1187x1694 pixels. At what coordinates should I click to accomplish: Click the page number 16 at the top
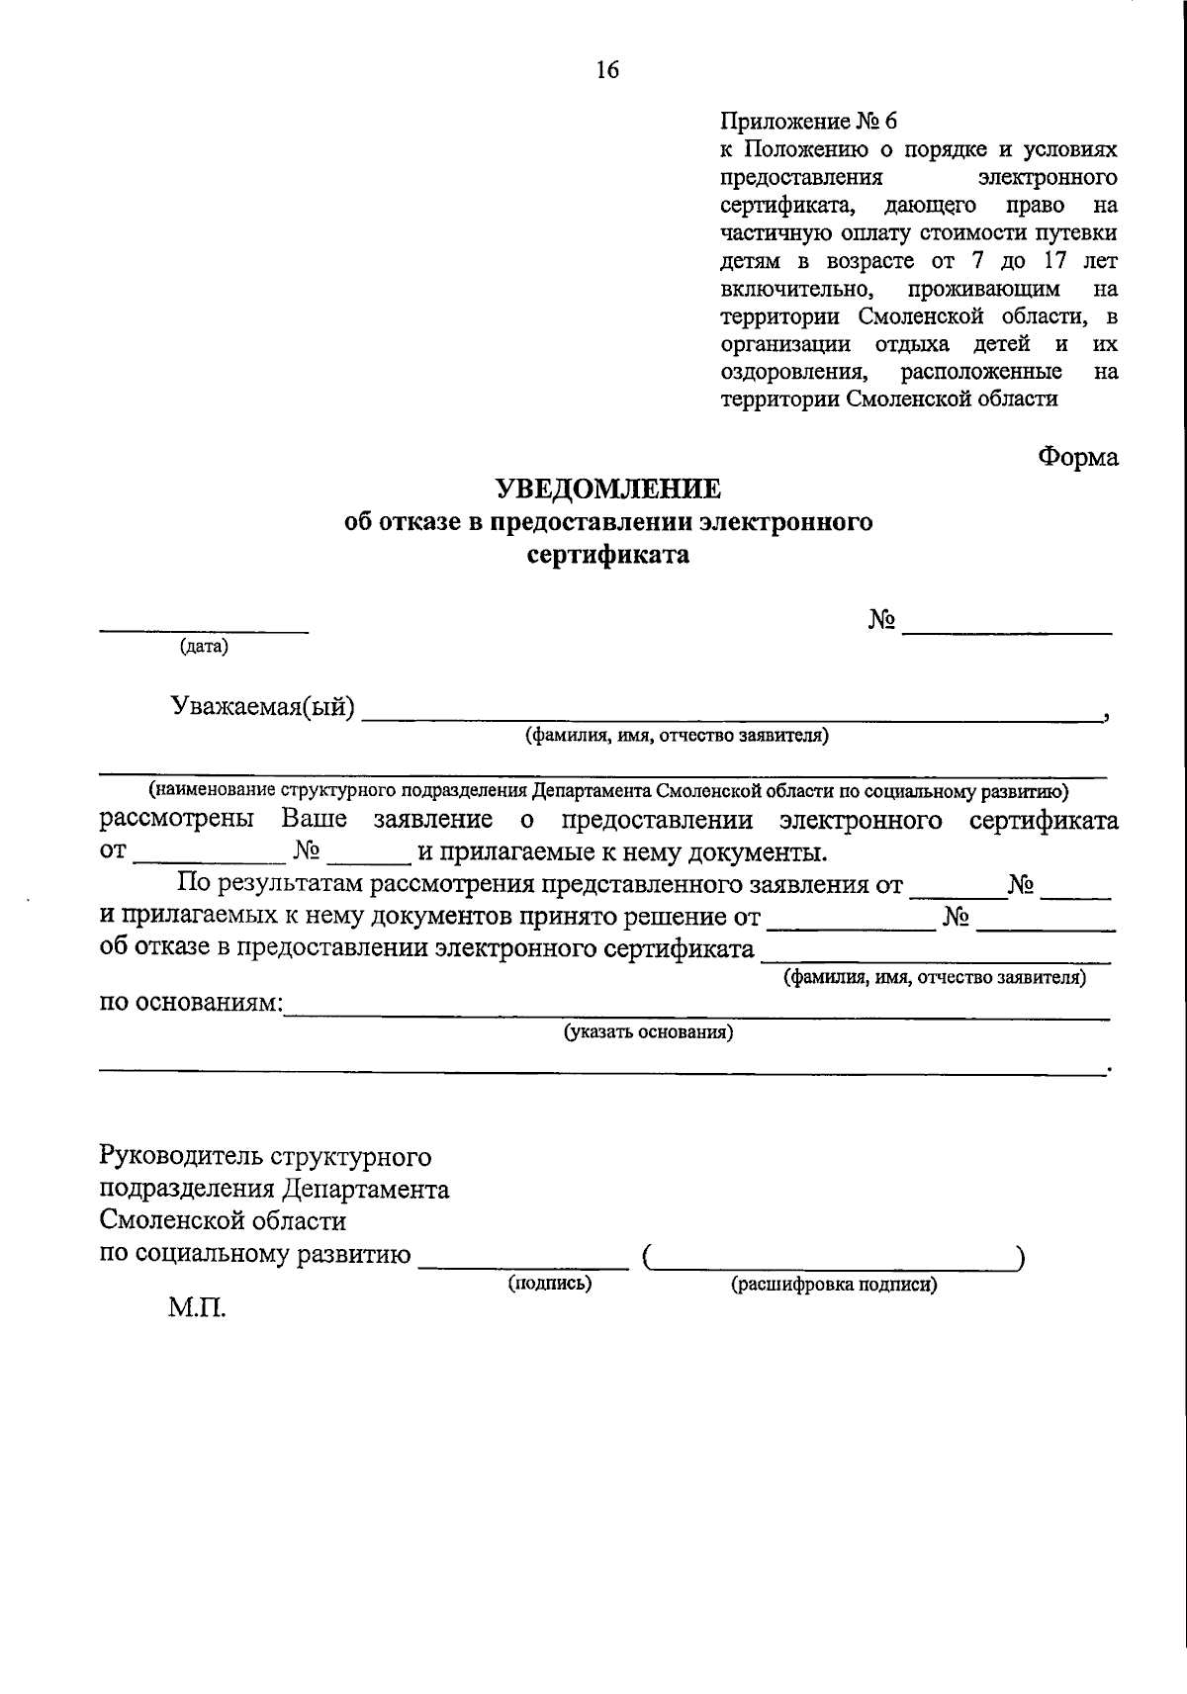click(x=606, y=69)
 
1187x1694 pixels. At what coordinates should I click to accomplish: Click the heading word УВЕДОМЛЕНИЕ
click(x=608, y=489)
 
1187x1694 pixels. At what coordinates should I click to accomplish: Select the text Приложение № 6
click(x=808, y=121)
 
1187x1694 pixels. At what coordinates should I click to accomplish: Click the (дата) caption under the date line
click(x=204, y=647)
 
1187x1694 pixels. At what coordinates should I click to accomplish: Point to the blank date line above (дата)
click(x=204, y=630)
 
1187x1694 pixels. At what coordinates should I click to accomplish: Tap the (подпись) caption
click(x=550, y=1284)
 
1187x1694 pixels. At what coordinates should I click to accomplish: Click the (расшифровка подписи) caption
click(x=834, y=1285)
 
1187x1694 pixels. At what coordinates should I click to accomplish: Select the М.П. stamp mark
click(x=197, y=1310)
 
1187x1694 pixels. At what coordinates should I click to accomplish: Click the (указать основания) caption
click(x=649, y=1033)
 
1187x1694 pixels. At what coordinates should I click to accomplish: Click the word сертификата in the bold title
click(x=608, y=555)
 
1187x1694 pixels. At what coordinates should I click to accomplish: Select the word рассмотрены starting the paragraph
click(x=177, y=820)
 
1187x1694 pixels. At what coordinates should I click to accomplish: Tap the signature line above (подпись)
click(x=523, y=1266)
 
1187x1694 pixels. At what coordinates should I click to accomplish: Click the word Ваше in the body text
click(x=314, y=820)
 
